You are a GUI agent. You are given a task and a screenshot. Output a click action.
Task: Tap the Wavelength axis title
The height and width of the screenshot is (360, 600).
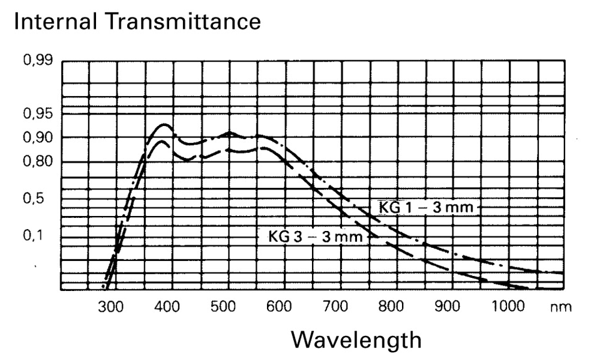(357, 340)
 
